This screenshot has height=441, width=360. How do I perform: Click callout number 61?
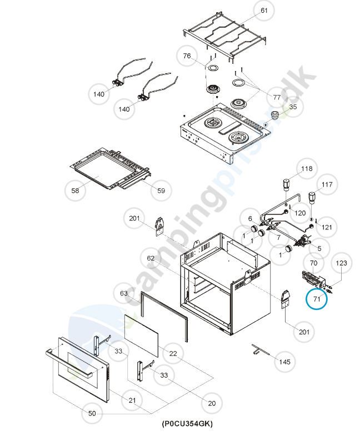coord(264,11)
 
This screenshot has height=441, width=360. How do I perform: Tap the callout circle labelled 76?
coord(187,56)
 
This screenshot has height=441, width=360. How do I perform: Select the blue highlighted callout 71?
coord(317,299)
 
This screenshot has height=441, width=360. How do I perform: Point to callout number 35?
coord(293,107)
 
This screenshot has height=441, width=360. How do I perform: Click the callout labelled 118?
coord(307,168)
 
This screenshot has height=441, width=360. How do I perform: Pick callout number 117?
coord(327,184)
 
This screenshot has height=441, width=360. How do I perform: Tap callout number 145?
coord(284,362)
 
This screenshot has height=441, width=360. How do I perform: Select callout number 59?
coord(161,191)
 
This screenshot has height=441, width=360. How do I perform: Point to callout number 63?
coord(124,293)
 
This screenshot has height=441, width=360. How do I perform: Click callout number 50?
coord(92,413)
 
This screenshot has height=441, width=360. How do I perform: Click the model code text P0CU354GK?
coord(187,424)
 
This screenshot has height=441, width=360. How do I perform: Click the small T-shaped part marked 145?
coord(258,349)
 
